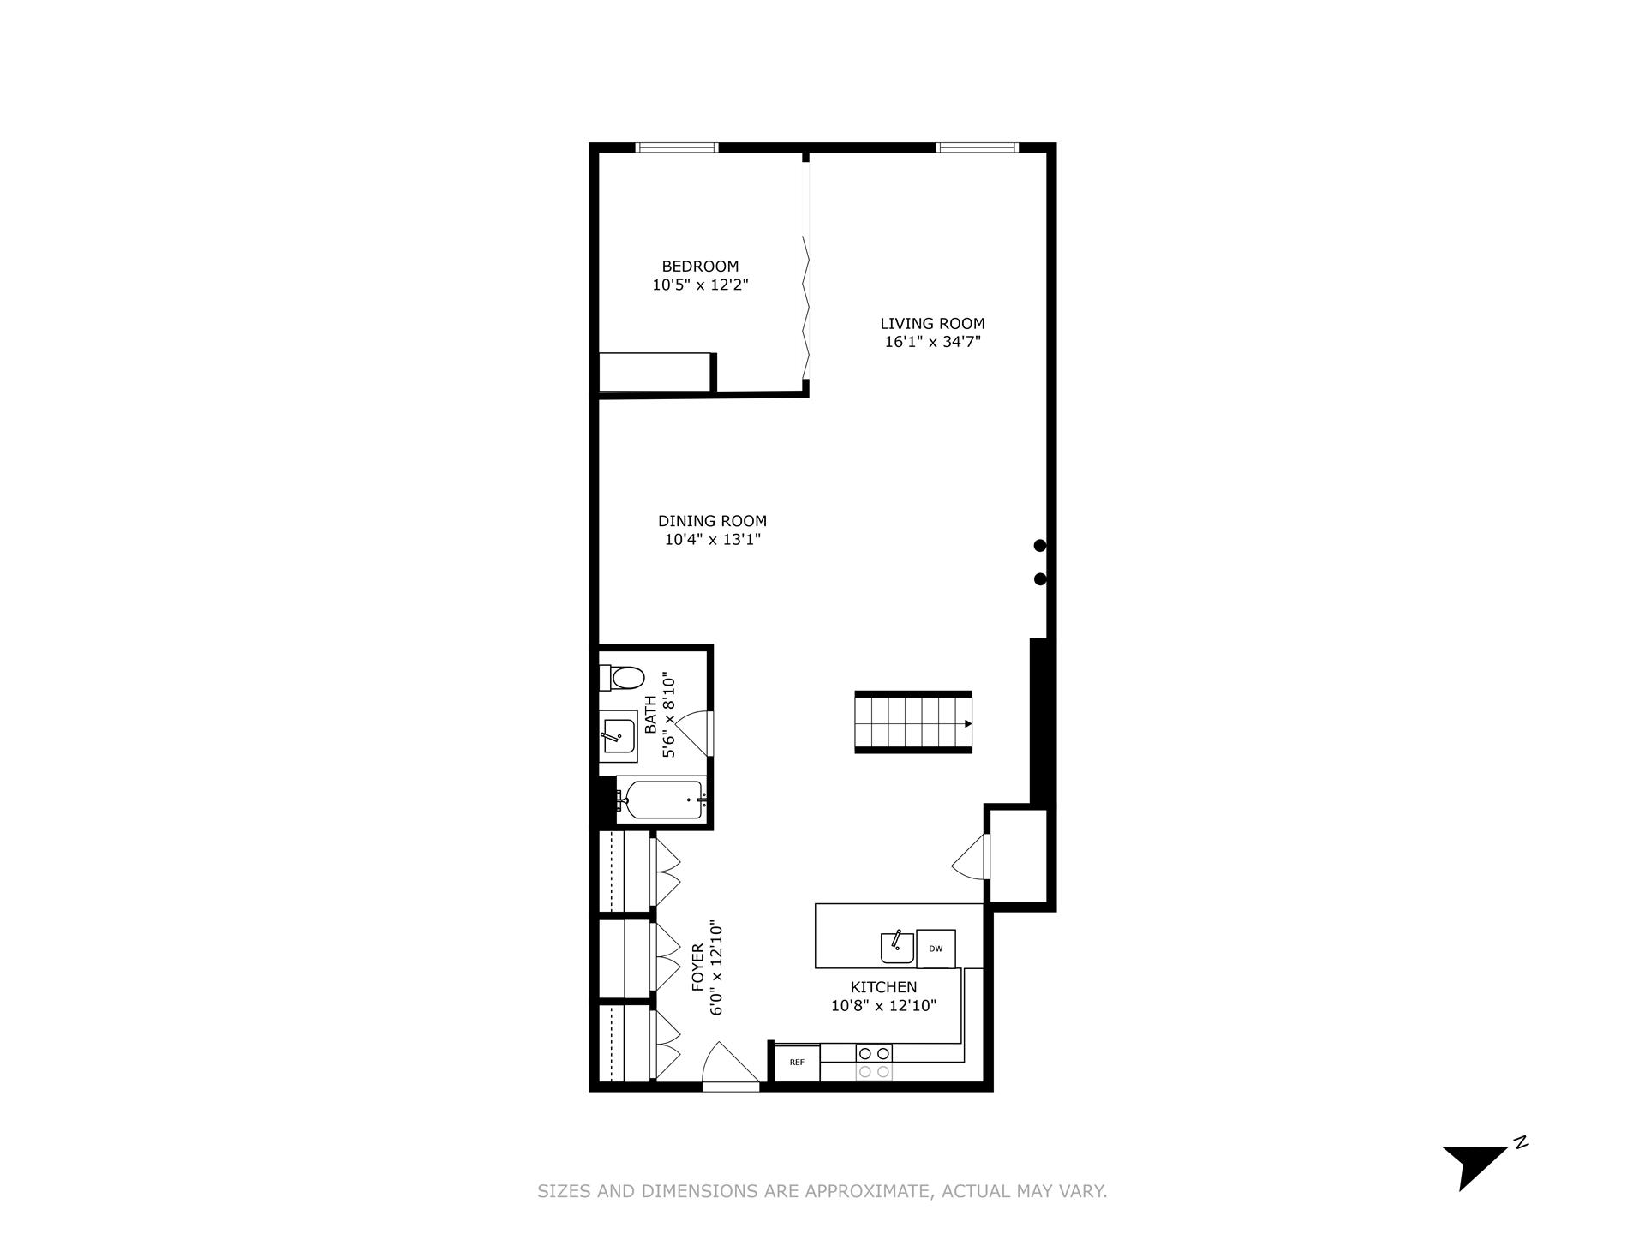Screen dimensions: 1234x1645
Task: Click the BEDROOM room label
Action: [x=700, y=267]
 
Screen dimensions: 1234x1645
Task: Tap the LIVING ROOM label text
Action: [x=932, y=324]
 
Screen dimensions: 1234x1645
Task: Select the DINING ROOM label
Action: [x=712, y=521]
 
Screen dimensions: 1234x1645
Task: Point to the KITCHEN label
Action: [x=883, y=987]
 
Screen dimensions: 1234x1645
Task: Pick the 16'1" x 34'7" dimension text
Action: [x=932, y=342]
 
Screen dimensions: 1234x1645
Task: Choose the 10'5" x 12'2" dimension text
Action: [x=700, y=285]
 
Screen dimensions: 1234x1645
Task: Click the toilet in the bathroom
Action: [x=623, y=678]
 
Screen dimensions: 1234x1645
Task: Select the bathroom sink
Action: [x=618, y=735]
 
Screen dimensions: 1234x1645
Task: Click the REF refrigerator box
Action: [x=797, y=1063]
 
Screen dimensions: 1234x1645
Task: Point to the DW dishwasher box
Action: [x=936, y=949]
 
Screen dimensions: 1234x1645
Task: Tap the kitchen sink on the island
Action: [x=897, y=948]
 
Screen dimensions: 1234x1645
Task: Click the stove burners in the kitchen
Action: [x=874, y=1063]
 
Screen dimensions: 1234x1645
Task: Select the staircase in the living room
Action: [x=913, y=722]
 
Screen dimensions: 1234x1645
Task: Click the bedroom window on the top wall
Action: [x=677, y=147]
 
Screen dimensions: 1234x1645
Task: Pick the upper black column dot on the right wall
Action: [x=1040, y=545]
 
